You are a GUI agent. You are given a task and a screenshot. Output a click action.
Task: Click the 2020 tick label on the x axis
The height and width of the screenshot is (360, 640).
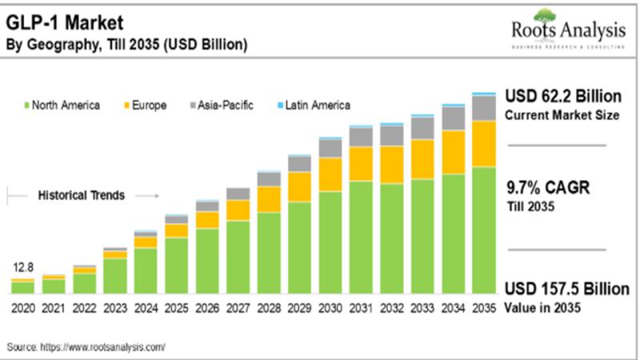tap(22, 308)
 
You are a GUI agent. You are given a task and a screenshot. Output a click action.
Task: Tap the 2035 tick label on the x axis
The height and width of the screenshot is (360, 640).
tap(482, 308)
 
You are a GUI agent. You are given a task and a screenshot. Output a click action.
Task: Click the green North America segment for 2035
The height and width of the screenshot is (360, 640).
tap(482, 232)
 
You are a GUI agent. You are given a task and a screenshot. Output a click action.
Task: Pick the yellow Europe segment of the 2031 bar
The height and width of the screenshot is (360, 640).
tap(361, 164)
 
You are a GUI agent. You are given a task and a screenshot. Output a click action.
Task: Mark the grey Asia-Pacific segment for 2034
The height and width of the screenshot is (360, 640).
tap(453, 118)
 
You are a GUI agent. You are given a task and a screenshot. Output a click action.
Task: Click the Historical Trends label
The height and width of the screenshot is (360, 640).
tap(82, 194)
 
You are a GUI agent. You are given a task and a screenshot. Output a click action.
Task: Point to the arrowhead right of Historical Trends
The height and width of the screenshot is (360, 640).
tap(156, 194)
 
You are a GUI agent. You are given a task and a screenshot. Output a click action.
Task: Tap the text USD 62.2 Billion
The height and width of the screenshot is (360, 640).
tap(563, 97)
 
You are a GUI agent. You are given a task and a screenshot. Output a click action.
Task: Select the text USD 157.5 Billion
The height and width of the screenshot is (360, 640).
tap(567, 289)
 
